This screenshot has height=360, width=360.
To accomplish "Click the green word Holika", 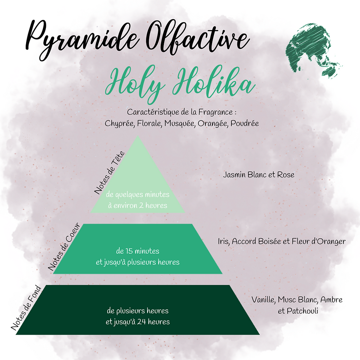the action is (x=214, y=82).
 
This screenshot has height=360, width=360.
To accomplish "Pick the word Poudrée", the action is (x=245, y=123).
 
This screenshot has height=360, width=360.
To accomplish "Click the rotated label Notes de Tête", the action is (x=109, y=173).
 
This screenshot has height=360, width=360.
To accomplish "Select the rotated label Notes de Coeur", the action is (x=64, y=247).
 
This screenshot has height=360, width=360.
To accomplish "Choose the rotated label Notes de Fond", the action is (x=26, y=308).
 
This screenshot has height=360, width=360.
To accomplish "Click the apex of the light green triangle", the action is (x=138, y=136).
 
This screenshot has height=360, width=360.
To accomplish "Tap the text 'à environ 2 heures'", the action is (x=138, y=205).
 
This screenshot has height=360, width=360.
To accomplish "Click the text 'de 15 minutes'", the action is (x=138, y=251).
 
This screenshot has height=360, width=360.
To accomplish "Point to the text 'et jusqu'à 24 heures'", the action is (x=138, y=322).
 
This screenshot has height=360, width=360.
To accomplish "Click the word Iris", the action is (x=224, y=241).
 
